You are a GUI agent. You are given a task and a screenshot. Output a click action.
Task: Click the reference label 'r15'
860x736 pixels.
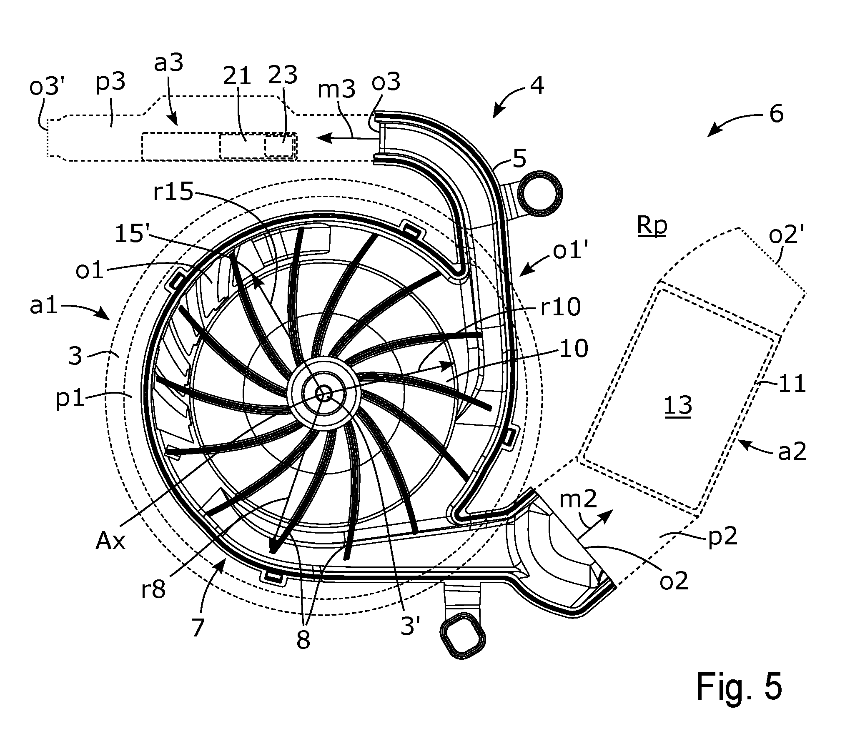click(x=173, y=193)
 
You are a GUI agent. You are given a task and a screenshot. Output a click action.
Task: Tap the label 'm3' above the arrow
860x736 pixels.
click(x=336, y=90)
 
